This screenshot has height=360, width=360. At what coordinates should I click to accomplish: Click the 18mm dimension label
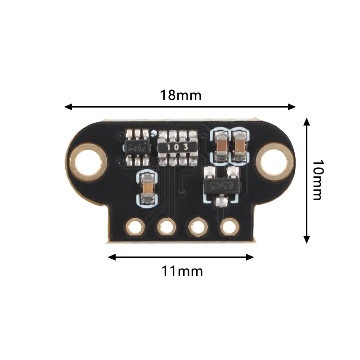coord(181,95)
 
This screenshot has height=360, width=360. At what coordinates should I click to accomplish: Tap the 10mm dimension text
coord(317,180)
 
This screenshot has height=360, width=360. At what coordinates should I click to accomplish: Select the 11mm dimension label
coord(182,271)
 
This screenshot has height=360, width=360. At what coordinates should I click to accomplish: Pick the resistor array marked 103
coord(178,148)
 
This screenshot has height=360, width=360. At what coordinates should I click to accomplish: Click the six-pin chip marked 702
coord(137,147)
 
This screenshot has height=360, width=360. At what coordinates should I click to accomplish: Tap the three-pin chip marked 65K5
coord(221,186)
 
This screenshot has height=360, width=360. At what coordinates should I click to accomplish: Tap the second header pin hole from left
coord(166,227)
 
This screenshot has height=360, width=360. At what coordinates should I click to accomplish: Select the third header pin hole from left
coord(198,227)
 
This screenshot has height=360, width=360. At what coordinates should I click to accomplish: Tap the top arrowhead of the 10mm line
coord(306,122)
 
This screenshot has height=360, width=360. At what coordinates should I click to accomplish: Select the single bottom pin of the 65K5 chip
coord(220,201)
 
